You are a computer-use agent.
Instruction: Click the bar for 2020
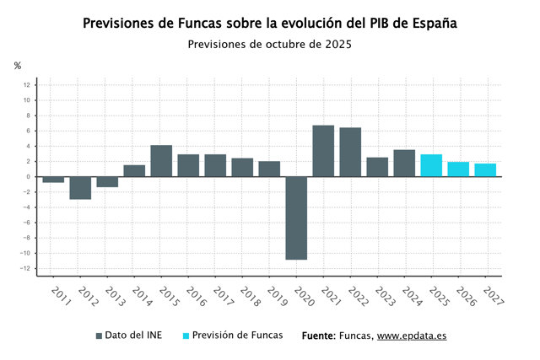click(296, 218)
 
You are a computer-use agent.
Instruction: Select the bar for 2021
click(323, 151)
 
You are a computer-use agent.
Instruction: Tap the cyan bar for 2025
click(431, 165)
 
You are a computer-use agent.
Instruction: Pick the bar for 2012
click(80, 188)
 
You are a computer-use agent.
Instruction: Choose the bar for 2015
click(161, 161)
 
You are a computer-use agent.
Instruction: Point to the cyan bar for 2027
click(485, 170)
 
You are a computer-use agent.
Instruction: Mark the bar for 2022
click(350, 152)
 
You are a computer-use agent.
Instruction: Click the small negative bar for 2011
click(53, 180)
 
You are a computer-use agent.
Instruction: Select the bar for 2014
click(134, 170)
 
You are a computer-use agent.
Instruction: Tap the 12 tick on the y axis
click(27, 85)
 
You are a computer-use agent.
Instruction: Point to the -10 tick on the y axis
click(24, 253)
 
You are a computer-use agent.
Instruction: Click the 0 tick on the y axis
click(28, 177)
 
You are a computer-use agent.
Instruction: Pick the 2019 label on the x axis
click(278, 296)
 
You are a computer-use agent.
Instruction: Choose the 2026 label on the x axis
click(467, 296)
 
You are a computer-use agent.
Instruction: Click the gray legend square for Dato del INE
click(99, 336)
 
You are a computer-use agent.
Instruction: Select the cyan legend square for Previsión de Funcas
click(186, 336)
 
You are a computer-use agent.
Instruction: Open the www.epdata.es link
click(412, 336)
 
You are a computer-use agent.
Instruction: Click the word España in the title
click(435, 24)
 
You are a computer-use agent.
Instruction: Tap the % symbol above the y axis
click(18, 66)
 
